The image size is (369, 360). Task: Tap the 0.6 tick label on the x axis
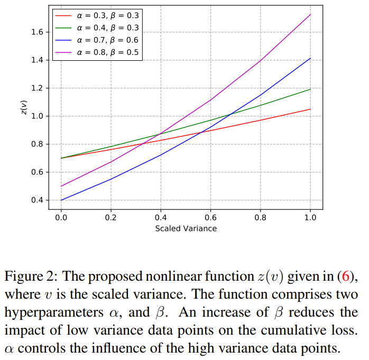pyautogui.click(x=210, y=217)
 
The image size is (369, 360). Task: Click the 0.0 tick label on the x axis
pyautogui.click(x=61, y=217)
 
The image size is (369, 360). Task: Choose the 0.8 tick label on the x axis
pyautogui.click(x=260, y=217)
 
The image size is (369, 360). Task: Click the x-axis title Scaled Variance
pyautogui.click(x=186, y=228)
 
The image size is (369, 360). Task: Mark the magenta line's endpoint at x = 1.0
pyautogui.click(x=310, y=14)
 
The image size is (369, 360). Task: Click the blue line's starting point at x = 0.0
pyautogui.click(x=61, y=200)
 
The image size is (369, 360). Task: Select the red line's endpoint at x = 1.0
pyautogui.click(x=310, y=109)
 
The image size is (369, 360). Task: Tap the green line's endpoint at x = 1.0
pyautogui.click(x=310, y=89)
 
